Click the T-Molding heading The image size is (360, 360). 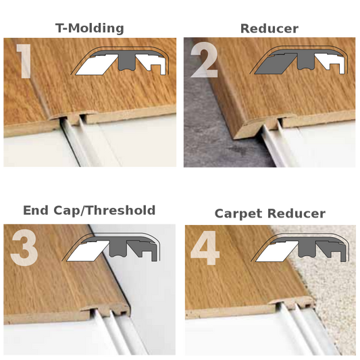(x=90, y=28)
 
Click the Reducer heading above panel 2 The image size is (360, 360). (x=269, y=29)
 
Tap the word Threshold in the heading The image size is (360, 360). (x=121, y=210)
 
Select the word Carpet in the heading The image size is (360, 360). (x=239, y=214)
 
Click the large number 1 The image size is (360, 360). (x=24, y=61)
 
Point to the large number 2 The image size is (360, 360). (x=204, y=61)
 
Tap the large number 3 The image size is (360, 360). (x=24, y=248)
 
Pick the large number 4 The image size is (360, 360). (x=205, y=248)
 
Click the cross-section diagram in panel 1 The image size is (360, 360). (x=120, y=61)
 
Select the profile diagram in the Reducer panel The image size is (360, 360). (x=299, y=60)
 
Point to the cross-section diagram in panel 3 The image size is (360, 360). (x=111, y=247)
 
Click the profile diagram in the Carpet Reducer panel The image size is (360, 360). (x=300, y=247)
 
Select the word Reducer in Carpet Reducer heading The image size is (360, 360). (x=297, y=213)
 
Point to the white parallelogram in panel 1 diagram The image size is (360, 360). (x=97, y=65)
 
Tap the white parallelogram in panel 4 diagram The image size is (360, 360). (x=277, y=251)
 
